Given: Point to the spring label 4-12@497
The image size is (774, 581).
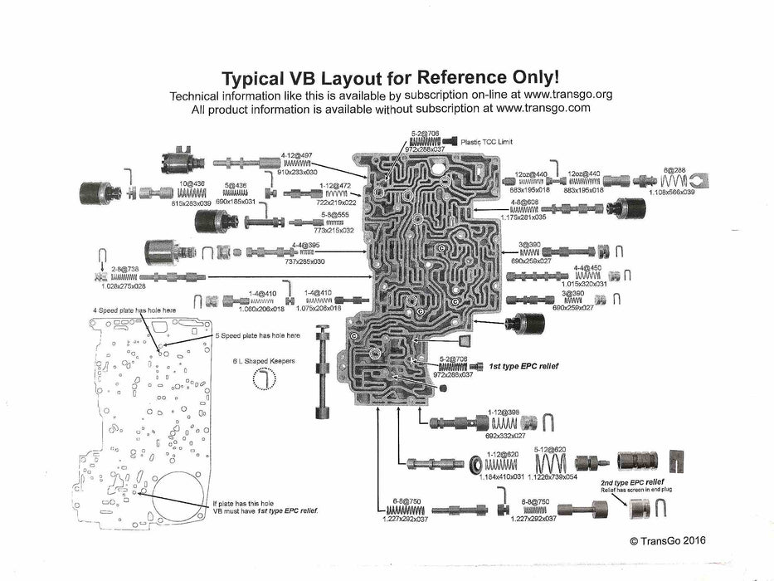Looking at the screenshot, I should [x=296, y=155].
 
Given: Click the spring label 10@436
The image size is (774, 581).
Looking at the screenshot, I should [x=190, y=183].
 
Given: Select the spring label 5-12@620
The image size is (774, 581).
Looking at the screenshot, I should [x=552, y=449].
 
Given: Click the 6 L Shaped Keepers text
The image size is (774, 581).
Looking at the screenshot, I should [x=263, y=361].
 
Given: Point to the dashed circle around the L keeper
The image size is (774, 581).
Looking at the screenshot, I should [x=263, y=379].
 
